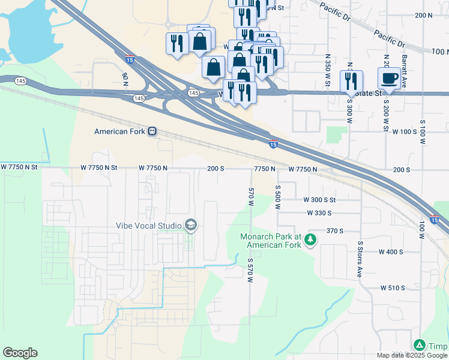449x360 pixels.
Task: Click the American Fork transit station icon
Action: (152, 131)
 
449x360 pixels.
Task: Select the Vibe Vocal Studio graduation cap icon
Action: (191, 225)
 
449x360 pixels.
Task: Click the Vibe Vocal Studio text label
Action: (149, 226)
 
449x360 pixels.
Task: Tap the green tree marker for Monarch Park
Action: (310, 240)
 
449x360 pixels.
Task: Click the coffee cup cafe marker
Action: (389, 78)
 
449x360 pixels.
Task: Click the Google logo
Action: (20, 353)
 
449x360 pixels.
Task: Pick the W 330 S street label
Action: (328, 213)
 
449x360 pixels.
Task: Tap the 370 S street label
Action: (334, 230)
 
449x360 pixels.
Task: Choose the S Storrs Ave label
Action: (360, 257)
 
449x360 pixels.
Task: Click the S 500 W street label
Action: (278, 197)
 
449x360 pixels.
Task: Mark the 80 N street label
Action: (125, 79)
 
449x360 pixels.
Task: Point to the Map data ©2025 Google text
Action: (411, 355)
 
